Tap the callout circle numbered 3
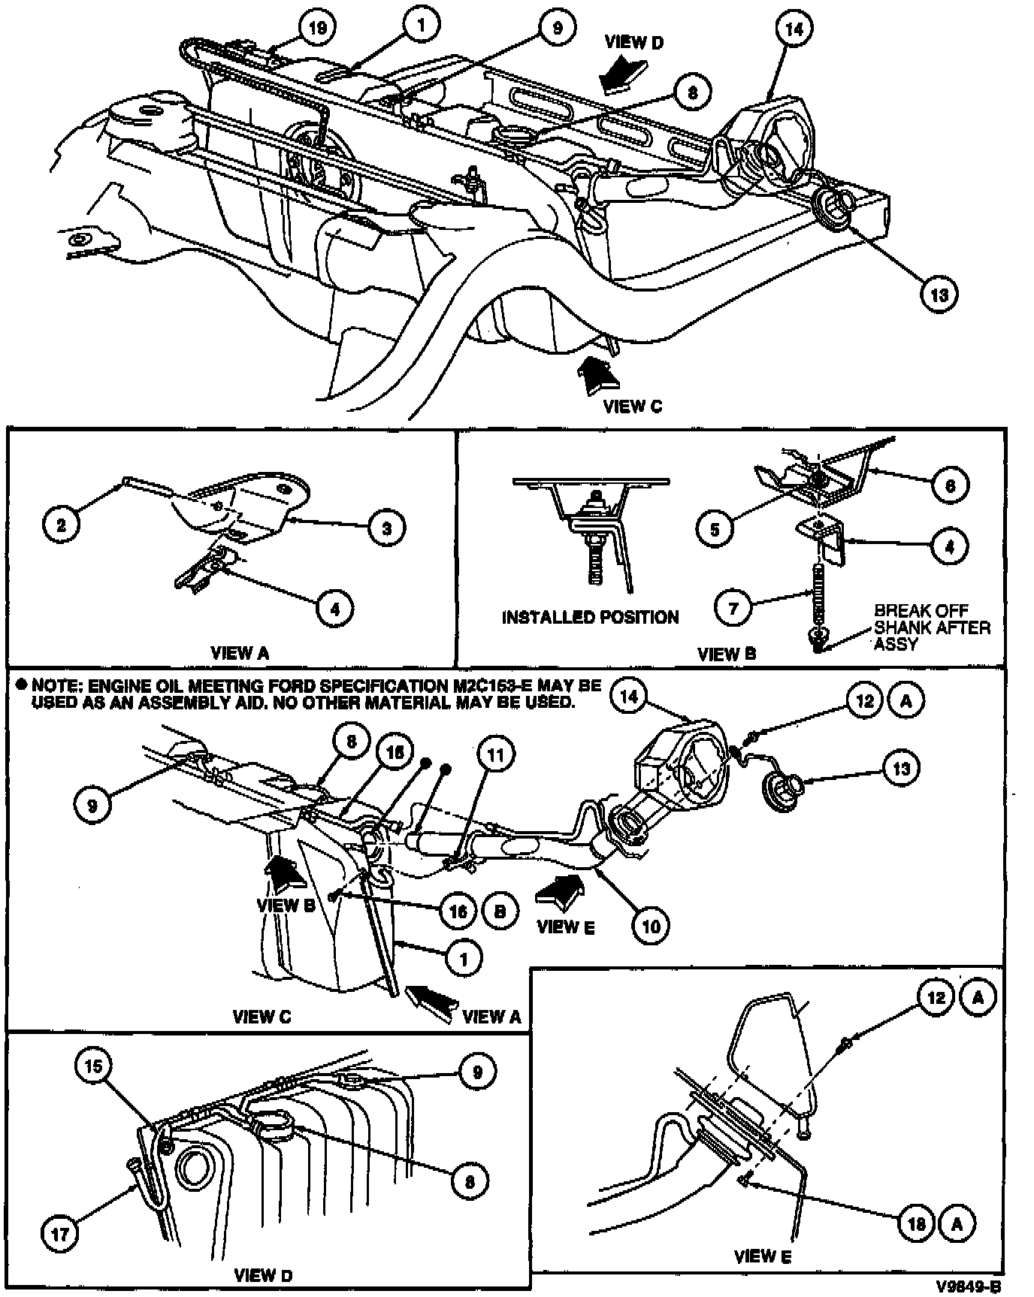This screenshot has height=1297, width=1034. point(386,528)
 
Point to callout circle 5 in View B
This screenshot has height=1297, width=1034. point(715,528)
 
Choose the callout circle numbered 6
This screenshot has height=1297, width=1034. point(950,485)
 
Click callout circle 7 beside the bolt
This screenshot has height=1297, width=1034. point(734,606)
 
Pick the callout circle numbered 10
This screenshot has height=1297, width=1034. point(651,926)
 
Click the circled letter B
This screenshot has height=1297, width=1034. point(500,911)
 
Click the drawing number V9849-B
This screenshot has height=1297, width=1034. point(969,1284)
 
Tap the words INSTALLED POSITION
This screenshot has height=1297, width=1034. point(590,618)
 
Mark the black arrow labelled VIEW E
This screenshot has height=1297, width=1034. point(561,892)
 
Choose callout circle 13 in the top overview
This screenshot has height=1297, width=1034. point(939,294)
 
